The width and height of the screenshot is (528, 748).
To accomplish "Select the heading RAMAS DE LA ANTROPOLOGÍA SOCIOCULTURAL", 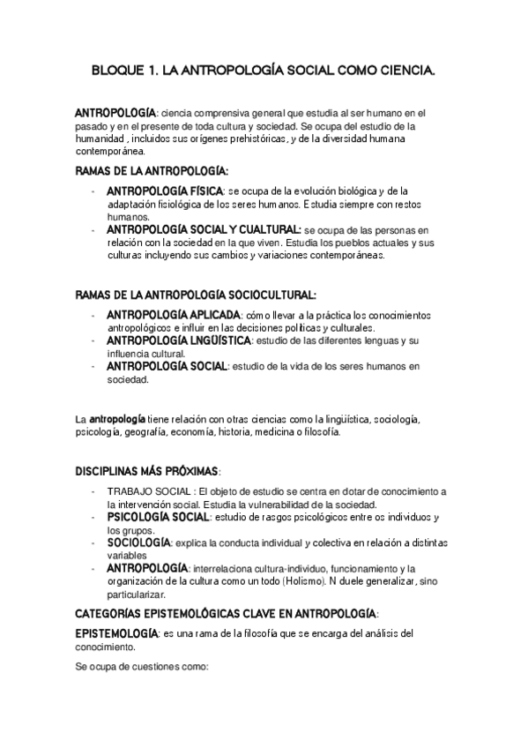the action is [196, 295].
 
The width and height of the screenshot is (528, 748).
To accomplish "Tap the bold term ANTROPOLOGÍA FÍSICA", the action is [165, 191].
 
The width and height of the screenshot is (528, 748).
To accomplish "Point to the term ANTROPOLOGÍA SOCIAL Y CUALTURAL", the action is [203, 229].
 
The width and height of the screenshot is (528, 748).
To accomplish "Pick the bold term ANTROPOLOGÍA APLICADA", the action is [173, 314].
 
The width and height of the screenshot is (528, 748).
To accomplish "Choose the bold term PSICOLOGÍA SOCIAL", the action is [159, 517].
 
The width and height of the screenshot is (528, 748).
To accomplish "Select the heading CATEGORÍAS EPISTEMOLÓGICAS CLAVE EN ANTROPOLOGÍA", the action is [226, 612].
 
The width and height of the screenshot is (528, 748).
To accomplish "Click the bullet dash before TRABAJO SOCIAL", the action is [93, 491].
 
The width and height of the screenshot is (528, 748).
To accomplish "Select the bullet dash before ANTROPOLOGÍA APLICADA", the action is [93, 315].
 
